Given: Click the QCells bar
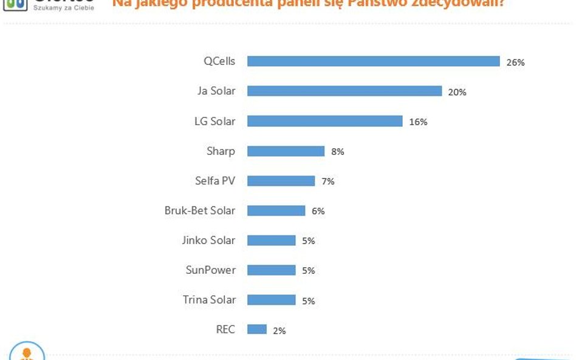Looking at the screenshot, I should [373, 61].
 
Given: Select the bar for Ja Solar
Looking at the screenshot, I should [344, 91].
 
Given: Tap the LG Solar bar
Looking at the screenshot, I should [324, 121].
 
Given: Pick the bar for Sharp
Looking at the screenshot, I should [286, 151].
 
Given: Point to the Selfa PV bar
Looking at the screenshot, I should [281, 181].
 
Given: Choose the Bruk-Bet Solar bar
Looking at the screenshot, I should [276, 211].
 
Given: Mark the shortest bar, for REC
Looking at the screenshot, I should [256, 330].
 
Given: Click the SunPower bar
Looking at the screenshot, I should [271, 270].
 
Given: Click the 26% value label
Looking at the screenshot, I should [515, 62].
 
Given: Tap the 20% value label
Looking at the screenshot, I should [457, 92].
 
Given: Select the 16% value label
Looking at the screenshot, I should [418, 122].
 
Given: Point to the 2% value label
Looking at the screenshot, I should [279, 331].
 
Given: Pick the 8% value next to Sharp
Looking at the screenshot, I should [337, 152].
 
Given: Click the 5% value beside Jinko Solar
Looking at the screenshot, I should [308, 241].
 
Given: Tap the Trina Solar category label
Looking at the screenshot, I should [208, 300].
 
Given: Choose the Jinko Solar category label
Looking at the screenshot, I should [208, 240].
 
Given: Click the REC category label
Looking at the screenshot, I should [225, 330].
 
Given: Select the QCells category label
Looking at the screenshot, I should [219, 61].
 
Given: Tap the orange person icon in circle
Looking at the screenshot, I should [27, 353].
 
